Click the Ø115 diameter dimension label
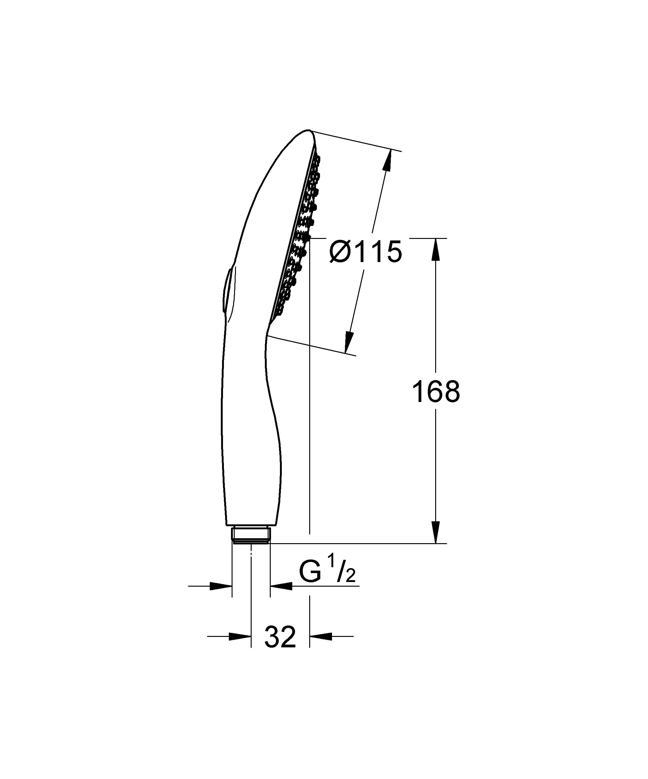(x=366, y=252)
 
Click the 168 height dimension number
(x=436, y=392)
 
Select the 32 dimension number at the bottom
(x=280, y=637)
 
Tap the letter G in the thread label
(x=310, y=573)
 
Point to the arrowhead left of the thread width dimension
(x=221, y=586)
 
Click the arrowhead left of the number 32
(x=240, y=636)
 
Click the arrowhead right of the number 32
(x=321, y=636)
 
